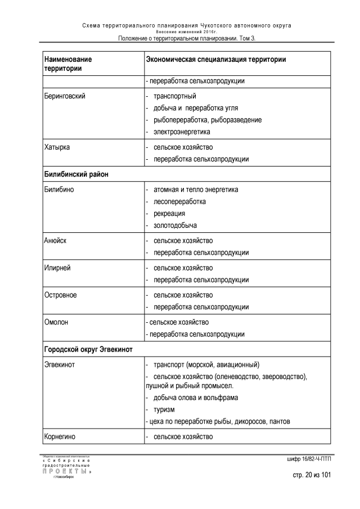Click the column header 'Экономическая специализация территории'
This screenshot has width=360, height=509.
pos(215,59)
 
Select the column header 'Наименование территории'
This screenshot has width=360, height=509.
pos(67,64)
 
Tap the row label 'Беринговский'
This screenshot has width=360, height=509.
pos(65,96)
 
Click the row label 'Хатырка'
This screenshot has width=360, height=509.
pos(57,147)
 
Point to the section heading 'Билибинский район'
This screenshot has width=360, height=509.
pos(76,174)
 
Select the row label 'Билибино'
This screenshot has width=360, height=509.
pos(59,190)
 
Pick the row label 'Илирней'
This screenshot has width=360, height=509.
pos(57,268)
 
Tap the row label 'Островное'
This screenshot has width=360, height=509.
pos(60,295)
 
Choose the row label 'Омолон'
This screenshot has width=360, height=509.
pos(57,322)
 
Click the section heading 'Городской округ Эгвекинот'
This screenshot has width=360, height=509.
pos(88,349)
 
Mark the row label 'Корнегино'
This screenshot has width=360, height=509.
pos(61,436)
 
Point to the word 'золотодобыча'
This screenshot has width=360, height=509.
pos(175,225)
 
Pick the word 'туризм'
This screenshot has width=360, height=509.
pos(164,409)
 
